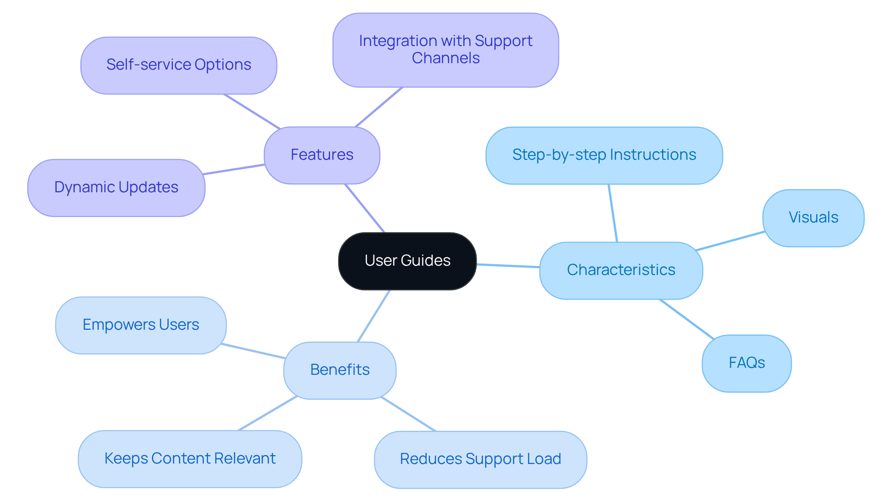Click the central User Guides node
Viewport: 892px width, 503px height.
407,261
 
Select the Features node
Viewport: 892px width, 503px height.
322,155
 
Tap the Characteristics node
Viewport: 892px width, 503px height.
621,270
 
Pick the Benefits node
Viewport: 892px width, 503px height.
340,370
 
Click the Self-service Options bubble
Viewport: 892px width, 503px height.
179,65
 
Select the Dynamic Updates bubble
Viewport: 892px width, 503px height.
116,188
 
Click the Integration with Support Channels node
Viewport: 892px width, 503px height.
446,50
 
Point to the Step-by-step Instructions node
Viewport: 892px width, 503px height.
604,155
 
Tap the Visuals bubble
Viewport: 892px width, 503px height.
813,218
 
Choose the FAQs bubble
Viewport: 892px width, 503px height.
747,363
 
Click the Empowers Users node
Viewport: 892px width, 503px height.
141,325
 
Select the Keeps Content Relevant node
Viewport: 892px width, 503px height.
190,459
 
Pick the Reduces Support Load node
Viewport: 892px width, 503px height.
480,459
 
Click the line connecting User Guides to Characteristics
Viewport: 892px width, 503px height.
508,266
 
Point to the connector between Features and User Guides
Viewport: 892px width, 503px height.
365,208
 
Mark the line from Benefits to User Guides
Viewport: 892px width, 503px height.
374,316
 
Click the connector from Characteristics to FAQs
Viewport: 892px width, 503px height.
686,319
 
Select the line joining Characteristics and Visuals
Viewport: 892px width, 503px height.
730,241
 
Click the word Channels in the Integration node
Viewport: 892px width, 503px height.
446,59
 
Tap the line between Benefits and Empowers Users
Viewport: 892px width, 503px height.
253,351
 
